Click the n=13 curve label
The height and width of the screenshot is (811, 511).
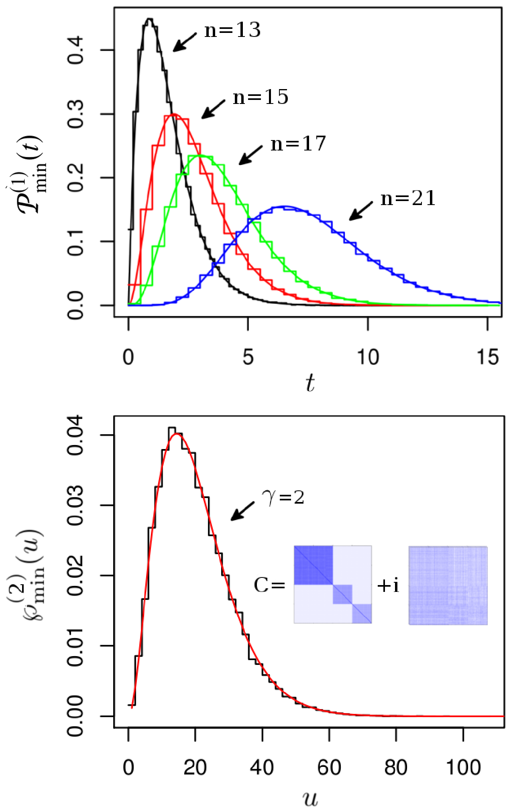click(232, 30)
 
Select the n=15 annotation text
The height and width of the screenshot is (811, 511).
click(261, 97)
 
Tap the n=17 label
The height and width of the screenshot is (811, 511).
click(298, 144)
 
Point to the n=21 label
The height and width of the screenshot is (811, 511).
click(408, 198)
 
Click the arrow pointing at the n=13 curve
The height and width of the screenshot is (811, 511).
click(185, 42)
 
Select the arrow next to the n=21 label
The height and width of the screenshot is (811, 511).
click(361, 211)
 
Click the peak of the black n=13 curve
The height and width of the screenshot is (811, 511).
click(149, 19)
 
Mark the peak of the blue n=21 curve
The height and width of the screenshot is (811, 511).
click(284, 207)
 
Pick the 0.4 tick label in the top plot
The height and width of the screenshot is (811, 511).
click(75, 50)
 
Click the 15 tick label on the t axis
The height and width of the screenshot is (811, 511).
click(488, 357)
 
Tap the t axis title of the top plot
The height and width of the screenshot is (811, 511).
click(310, 383)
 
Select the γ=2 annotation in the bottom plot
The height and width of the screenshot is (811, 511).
click(283, 498)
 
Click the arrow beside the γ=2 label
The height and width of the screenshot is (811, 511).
click(242, 511)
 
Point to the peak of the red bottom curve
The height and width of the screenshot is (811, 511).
click(177, 434)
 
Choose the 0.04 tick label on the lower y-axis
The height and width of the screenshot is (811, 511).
click(75, 435)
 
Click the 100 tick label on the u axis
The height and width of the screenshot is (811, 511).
click(463, 768)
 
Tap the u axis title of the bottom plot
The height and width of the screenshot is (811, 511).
click(310, 799)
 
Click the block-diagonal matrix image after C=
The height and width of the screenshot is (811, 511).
click(333, 584)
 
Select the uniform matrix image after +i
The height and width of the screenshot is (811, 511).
click(448, 585)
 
